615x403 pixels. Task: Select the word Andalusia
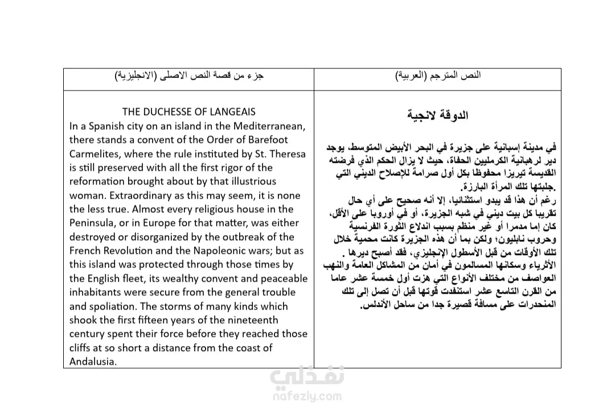point(93,362)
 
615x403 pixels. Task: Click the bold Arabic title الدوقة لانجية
point(437,115)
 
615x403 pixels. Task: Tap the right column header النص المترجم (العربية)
point(437,75)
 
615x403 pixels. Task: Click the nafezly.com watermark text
point(306,396)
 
